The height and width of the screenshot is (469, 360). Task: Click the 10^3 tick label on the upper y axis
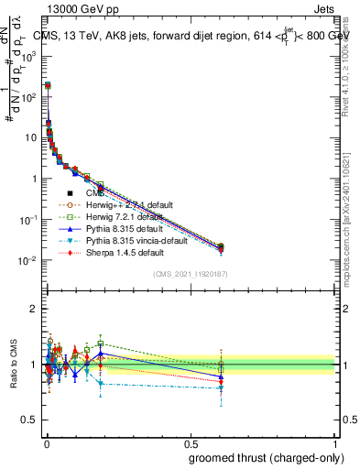[29, 56]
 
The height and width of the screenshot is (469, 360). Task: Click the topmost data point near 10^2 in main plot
[48, 85]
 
